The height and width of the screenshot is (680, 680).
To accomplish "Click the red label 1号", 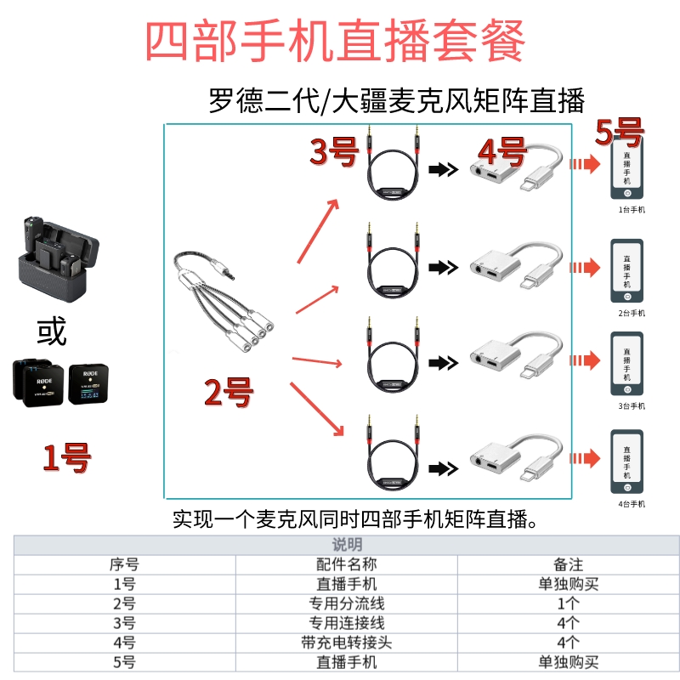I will coord(67,458).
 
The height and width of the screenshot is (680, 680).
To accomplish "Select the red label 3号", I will coord(333,153).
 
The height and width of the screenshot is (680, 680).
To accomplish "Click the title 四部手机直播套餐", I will coord(336,40).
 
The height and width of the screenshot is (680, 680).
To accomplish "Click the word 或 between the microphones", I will coord(52,331).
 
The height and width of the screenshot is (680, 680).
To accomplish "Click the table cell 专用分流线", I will coord(346,603).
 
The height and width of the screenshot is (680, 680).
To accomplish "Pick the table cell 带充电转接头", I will coord(346,643).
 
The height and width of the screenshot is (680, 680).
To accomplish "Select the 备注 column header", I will coord(568,564).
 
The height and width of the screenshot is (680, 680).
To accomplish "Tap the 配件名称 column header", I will coord(346,564).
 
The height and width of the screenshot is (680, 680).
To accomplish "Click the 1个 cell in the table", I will coord(568,603).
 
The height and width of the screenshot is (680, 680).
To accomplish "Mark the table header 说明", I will coord(346,545).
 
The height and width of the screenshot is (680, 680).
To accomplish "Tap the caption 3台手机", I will coord(631,406).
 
